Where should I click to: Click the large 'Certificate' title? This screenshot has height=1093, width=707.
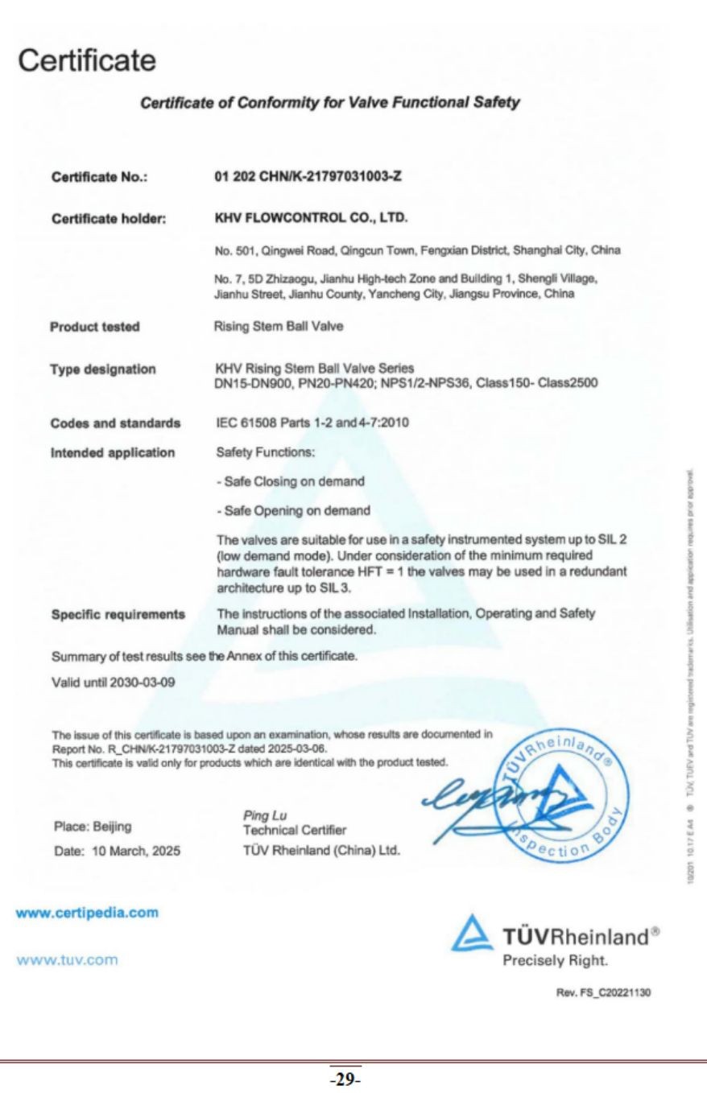(x=87, y=60)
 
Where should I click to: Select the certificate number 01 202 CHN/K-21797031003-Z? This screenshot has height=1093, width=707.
(x=308, y=177)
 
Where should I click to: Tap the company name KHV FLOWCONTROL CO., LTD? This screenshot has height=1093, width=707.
(x=311, y=217)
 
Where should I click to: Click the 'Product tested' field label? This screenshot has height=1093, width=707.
(x=95, y=327)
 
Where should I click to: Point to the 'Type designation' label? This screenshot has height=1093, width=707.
(x=103, y=369)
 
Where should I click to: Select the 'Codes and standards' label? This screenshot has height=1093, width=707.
(x=115, y=423)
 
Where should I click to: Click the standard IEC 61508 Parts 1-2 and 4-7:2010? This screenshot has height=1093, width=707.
(x=312, y=423)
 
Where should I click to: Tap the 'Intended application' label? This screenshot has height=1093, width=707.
(x=113, y=452)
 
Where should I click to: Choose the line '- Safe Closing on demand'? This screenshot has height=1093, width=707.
(x=291, y=481)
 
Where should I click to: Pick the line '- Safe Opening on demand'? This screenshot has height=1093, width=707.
(x=293, y=510)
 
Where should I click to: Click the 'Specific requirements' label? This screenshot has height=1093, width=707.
(x=118, y=614)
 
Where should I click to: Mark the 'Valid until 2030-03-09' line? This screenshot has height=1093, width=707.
(x=114, y=683)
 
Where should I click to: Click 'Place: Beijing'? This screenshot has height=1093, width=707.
(x=93, y=827)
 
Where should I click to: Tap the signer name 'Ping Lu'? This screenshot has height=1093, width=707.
(x=260, y=815)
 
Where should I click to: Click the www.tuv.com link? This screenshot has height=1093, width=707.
(x=66, y=959)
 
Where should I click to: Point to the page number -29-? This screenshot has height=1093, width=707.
(x=345, y=1080)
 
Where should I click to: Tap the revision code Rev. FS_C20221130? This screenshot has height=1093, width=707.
(x=603, y=992)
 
